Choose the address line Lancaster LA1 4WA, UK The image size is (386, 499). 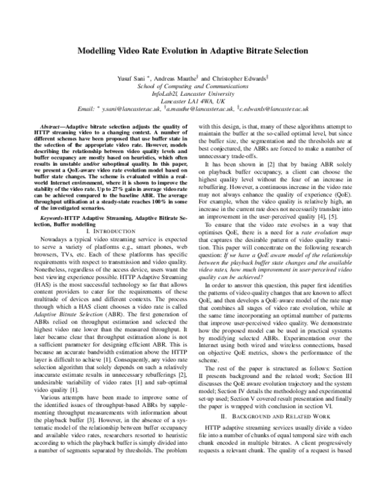(x=193, y=102)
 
